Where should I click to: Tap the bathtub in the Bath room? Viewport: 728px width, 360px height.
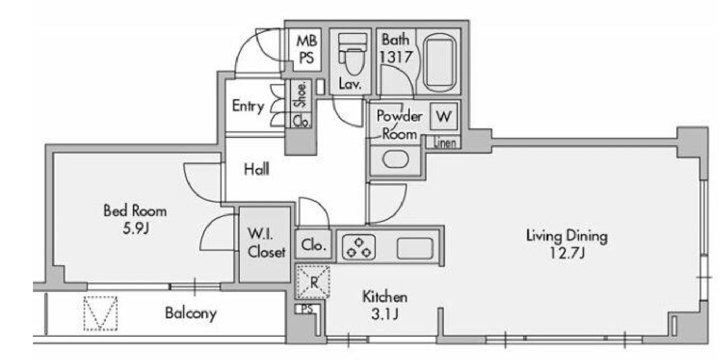pyautogui.click(x=440, y=63)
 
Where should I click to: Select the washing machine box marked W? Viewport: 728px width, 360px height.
pyautogui.click(x=444, y=116)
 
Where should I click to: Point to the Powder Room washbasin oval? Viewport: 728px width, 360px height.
pyautogui.click(x=395, y=159)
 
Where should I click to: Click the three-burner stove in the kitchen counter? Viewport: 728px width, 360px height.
pyautogui.click(x=359, y=247)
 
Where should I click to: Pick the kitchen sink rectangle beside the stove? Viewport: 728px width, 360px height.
pyautogui.click(x=415, y=248)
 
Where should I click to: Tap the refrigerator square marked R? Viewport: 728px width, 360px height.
pyautogui.click(x=313, y=282)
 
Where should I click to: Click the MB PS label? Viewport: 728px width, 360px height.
pyautogui.click(x=307, y=49)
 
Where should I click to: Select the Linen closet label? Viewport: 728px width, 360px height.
pyautogui.click(x=445, y=142)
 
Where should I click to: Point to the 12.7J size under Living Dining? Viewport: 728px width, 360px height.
pyautogui.click(x=567, y=253)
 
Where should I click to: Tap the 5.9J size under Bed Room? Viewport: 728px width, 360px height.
pyautogui.click(x=135, y=228)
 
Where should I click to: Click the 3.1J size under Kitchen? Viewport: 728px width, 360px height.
pyautogui.click(x=385, y=314)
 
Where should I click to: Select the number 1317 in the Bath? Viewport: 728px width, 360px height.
pyautogui.click(x=396, y=57)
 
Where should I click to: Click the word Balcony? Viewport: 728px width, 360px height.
pyautogui.click(x=191, y=313)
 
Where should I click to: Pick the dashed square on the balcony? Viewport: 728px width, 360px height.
pyautogui.click(x=100, y=313)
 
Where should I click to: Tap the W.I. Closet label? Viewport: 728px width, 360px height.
pyautogui.click(x=267, y=243)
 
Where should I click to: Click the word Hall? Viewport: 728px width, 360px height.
pyautogui.click(x=257, y=169)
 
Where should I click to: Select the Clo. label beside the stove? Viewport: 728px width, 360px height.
pyautogui.click(x=313, y=245)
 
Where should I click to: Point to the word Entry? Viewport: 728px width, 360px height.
pyautogui.click(x=248, y=106)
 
